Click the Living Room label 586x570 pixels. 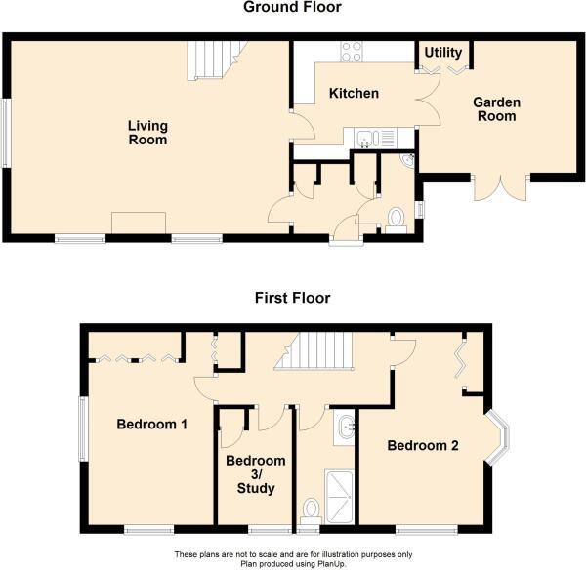pyautogui.click(x=147, y=133)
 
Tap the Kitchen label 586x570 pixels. pyautogui.click(x=354, y=93)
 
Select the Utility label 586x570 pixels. pyautogui.click(x=443, y=53)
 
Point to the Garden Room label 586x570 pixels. pyautogui.click(x=497, y=109)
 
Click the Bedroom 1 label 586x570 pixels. pyautogui.click(x=151, y=424)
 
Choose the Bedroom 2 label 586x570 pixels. pyautogui.click(x=423, y=445)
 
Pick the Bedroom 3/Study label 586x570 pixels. pyautogui.click(x=256, y=474)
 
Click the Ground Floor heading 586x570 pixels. pyautogui.click(x=292, y=7)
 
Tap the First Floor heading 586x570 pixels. pyautogui.click(x=293, y=298)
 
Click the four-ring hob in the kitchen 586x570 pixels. pyautogui.click(x=352, y=52)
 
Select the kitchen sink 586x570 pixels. pyautogui.click(x=376, y=138)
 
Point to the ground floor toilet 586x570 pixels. pyautogui.click(x=396, y=221)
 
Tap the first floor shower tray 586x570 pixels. pyautogui.click(x=339, y=497)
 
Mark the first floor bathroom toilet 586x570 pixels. pyautogui.click(x=311, y=511)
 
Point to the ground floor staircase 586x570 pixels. pyautogui.click(x=217, y=61)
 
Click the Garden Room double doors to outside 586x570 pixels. pyautogui.click(x=500, y=187)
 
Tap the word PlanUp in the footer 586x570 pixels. pyautogui.click(x=333, y=563)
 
